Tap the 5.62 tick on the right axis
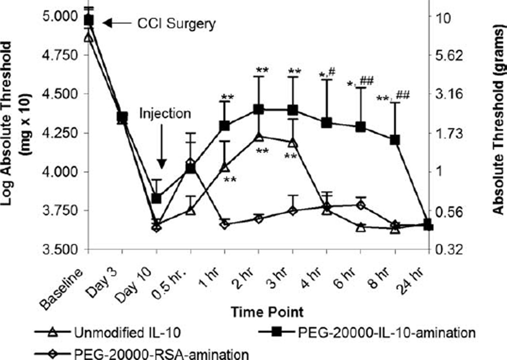pyautogui.click(x=450, y=55)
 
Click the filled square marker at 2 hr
pyautogui.click(x=258, y=110)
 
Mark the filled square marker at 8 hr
pyautogui.click(x=395, y=139)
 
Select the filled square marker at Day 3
pyautogui.click(x=122, y=117)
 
